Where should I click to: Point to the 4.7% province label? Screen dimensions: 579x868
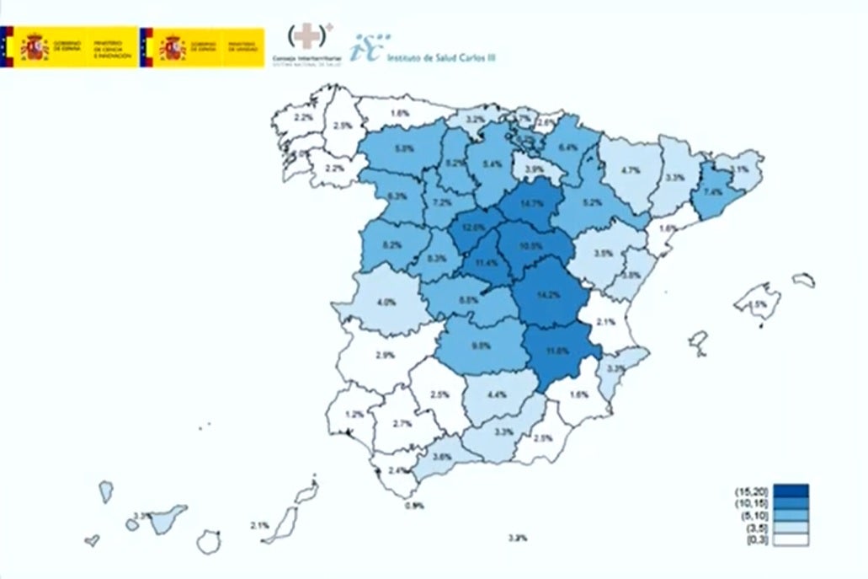[631, 170]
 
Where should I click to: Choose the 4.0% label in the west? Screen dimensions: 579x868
[386, 303]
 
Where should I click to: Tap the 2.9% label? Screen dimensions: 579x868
[384, 355]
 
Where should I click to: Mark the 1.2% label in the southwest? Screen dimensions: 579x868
[354, 414]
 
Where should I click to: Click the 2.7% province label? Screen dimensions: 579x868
[402, 423]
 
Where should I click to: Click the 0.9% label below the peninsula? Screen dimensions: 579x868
[414, 506]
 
